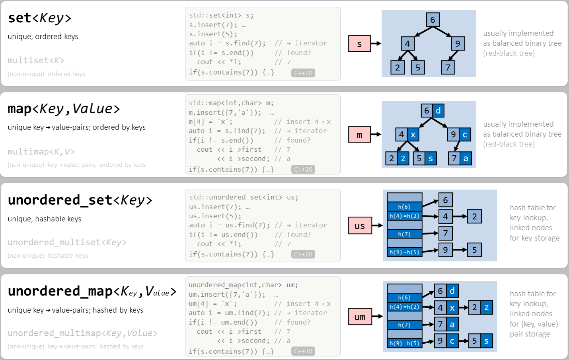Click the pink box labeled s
tap(359, 44)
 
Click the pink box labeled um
tap(360, 317)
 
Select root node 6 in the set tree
tap(433, 20)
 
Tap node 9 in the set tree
tap(458, 43)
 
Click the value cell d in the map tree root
tap(438, 110)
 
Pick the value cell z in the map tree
tap(403, 158)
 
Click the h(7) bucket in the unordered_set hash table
tap(404, 234)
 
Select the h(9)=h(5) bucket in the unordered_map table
tap(404, 343)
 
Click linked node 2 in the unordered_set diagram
tap(474, 216)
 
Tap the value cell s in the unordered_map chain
tap(486, 341)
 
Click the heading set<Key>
tap(39, 18)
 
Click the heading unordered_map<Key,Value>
tap(92, 291)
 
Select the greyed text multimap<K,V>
tap(41, 151)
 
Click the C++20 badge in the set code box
tap(303, 73)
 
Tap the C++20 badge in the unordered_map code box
tap(303, 351)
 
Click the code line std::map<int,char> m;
tap(231, 103)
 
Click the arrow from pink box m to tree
tap(376, 135)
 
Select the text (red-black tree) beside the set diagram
tap(509, 53)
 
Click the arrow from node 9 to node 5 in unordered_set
tap(460, 250)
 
